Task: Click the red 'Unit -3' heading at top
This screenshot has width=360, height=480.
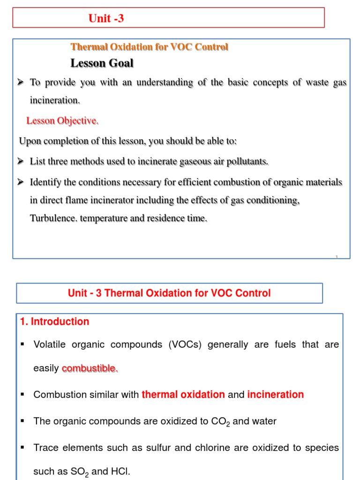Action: (106, 19)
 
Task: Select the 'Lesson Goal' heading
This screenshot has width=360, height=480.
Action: (102, 63)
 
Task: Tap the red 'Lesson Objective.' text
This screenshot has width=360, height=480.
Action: (62, 121)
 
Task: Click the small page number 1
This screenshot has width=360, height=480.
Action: (337, 256)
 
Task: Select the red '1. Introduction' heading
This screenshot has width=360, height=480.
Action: (54, 322)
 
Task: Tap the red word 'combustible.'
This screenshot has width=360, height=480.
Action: (90, 368)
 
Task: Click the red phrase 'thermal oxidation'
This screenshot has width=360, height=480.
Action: (183, 395)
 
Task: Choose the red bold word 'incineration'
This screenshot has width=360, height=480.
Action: (275, 395)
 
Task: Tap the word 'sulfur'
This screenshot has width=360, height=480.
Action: (160, 448)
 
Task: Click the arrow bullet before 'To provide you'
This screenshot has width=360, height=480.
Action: (21, 82)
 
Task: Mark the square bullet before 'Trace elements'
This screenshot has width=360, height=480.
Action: (22, 448)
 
